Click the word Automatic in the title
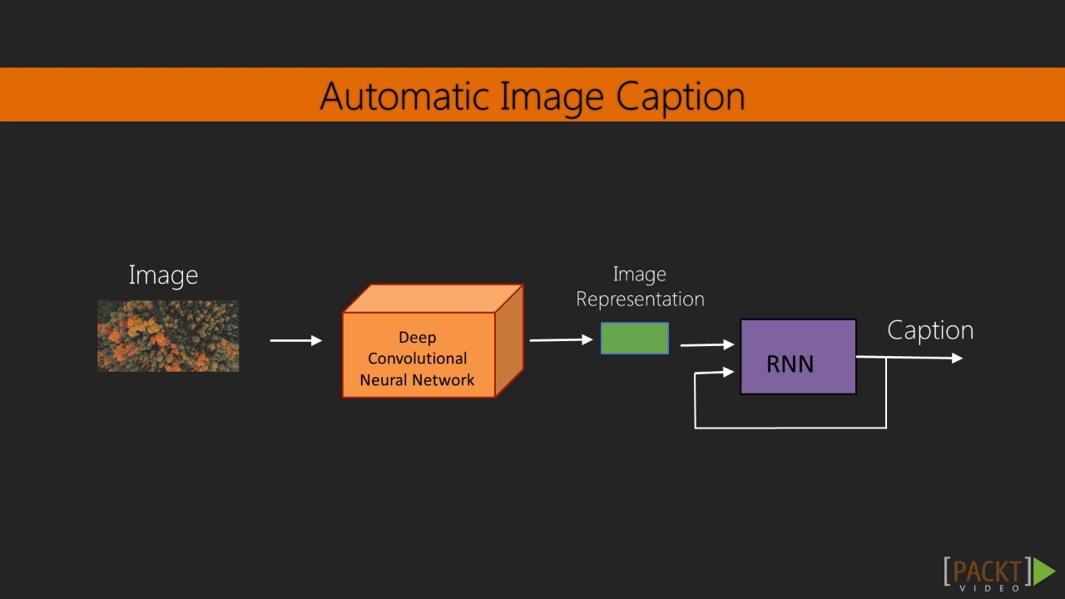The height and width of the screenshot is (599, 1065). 406,96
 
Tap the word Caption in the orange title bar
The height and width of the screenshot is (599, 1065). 680,97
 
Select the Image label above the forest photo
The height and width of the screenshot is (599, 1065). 163,275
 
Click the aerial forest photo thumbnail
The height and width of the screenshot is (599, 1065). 168,336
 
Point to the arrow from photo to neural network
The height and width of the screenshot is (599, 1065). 295,340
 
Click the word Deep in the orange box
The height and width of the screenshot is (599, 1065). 417,337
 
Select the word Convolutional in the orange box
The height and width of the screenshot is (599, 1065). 417,359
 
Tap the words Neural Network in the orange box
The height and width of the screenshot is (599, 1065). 417,380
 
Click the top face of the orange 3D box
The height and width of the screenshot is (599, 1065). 433,299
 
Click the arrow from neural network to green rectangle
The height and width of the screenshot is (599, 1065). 561,339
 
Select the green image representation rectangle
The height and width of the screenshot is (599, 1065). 635,339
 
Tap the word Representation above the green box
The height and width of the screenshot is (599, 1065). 640,299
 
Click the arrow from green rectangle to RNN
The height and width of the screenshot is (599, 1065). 707,344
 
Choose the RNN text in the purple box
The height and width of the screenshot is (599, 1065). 790,364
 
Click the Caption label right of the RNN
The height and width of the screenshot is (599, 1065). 930,330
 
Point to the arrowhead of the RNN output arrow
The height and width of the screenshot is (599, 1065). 958,359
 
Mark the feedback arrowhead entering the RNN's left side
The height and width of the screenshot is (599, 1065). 729,373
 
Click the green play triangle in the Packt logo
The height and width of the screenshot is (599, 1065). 1044,571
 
